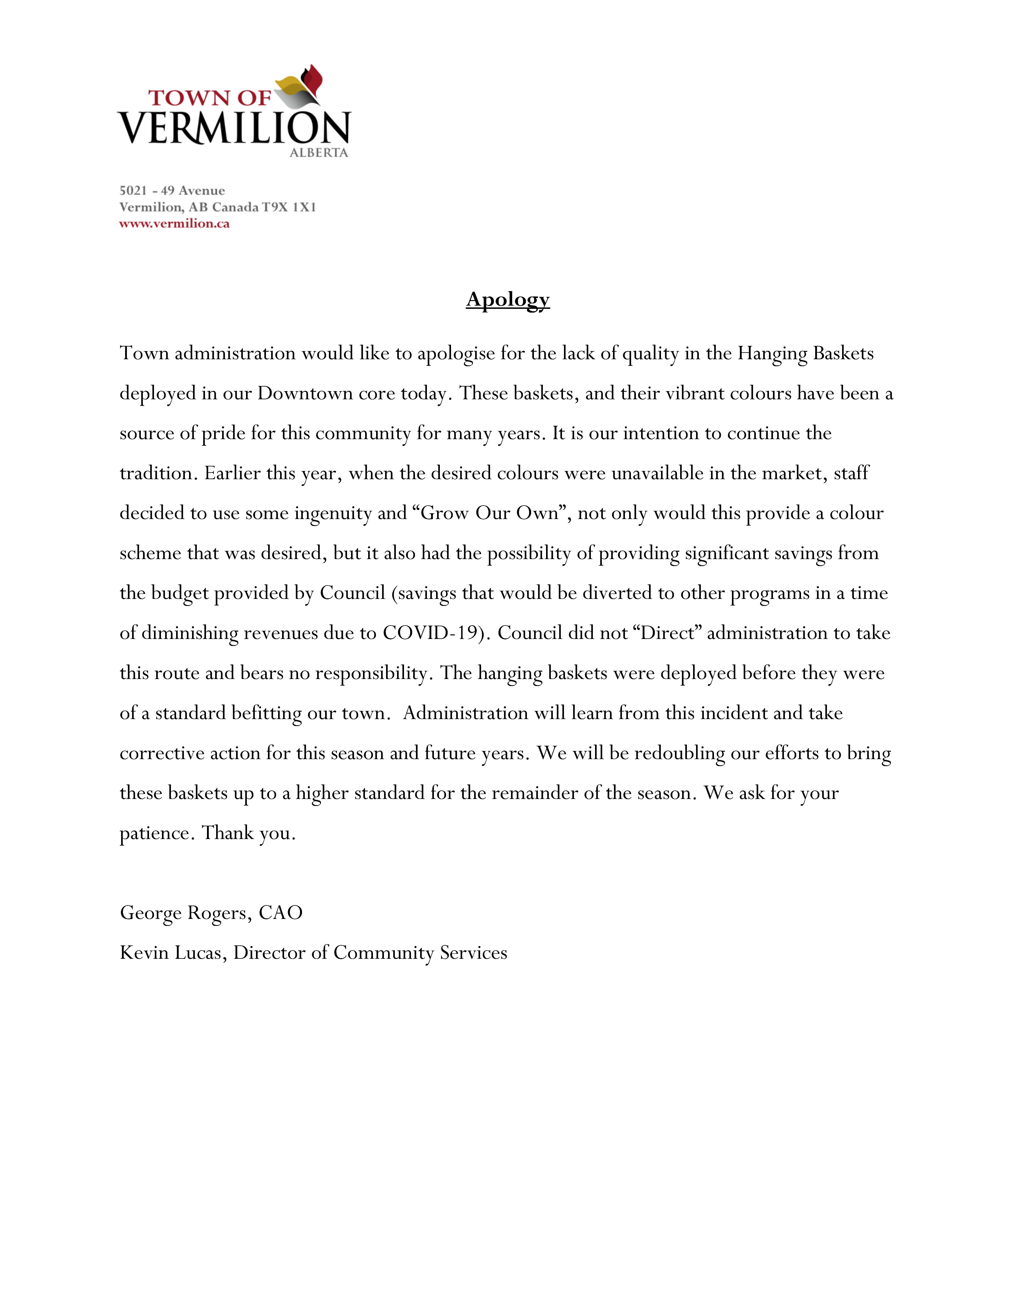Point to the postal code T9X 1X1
(x=289, y=207)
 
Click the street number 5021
(x=133, y=191)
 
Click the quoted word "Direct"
(x=667, y=633)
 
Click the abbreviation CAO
(x=280, y=913)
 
